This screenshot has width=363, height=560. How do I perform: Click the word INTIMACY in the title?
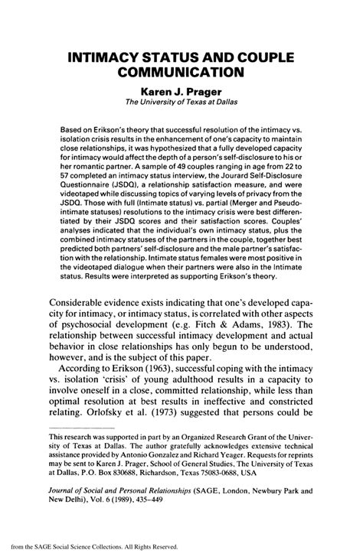pyautogui.click(x=113, y=58)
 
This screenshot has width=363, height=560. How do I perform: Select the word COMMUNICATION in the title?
pyautogui.click(x=181, y=74)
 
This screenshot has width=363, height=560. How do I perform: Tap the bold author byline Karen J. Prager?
pyautogui.click(x=181, y=92)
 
